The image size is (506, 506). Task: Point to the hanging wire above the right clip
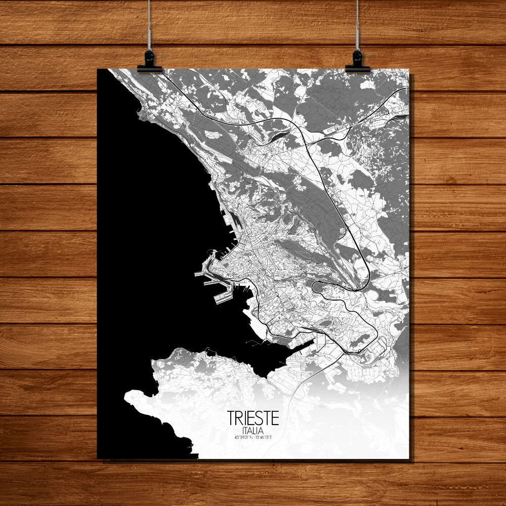357,25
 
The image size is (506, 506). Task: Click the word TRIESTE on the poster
253,418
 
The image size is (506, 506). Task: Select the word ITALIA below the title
253,430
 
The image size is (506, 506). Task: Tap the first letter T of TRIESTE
231,418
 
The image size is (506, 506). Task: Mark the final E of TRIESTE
275,418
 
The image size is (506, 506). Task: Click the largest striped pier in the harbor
223,296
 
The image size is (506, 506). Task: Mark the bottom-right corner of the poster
408,458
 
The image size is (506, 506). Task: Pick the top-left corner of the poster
98,69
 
